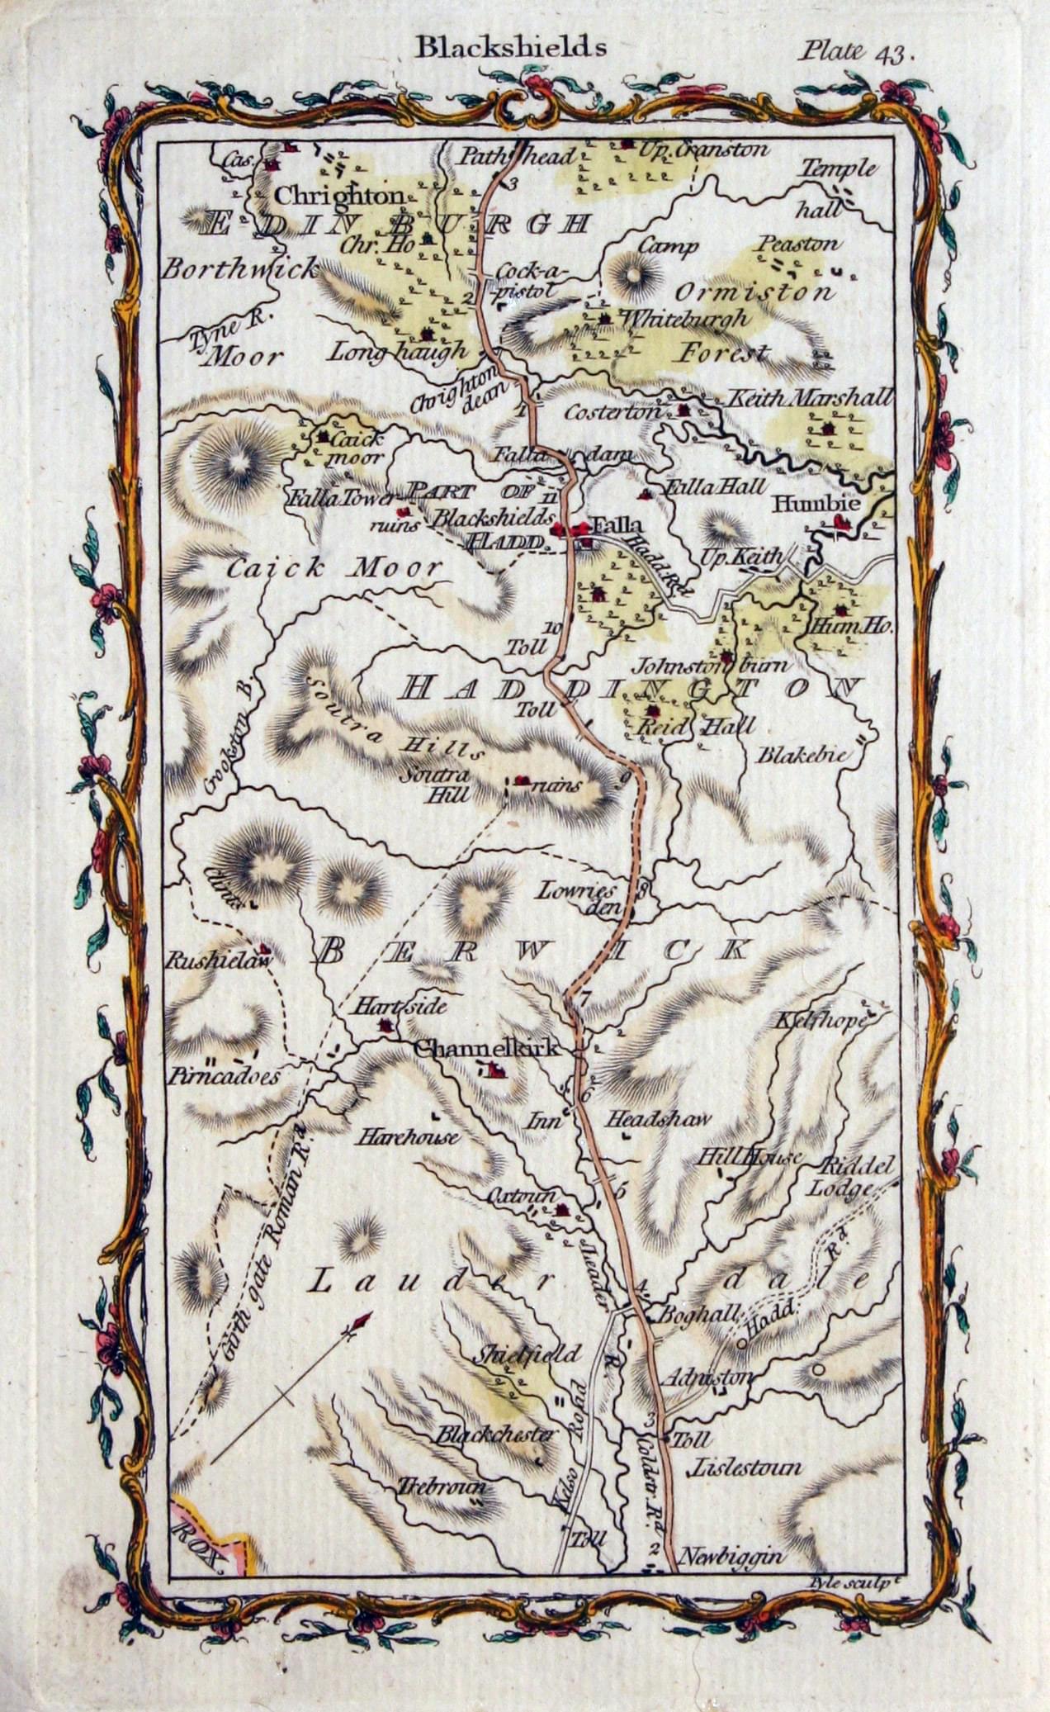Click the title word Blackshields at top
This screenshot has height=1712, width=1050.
pyautogui.click(x=510, y=47)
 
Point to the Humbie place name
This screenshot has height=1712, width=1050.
pyautogui.click(x=804, y=504)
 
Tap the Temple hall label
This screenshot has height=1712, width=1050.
pyautogui.click(x=835, y=186)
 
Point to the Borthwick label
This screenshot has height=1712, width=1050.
pyautogui.click(x=239, y=268)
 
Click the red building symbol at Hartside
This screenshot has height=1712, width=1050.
pyautogui.click(x=385, y=1026)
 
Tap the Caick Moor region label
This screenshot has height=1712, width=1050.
pyautogui.click(x=333, y=568)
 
